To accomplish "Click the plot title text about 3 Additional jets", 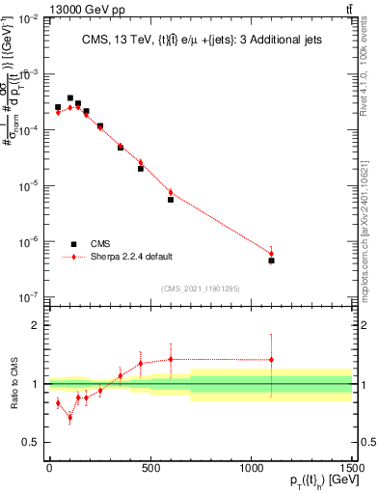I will tap(200, 40).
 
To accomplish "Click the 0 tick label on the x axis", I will tap(49, 468).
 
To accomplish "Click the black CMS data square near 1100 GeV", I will tap(272, 261).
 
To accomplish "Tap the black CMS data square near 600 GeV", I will tap(171, 200).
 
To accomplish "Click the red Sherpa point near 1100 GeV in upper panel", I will tap(272, 254).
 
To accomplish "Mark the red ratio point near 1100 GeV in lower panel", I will tap(272, 360).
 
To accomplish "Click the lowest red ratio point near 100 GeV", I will tap(69, 418).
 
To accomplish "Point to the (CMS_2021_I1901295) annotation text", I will tap(200, 288).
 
